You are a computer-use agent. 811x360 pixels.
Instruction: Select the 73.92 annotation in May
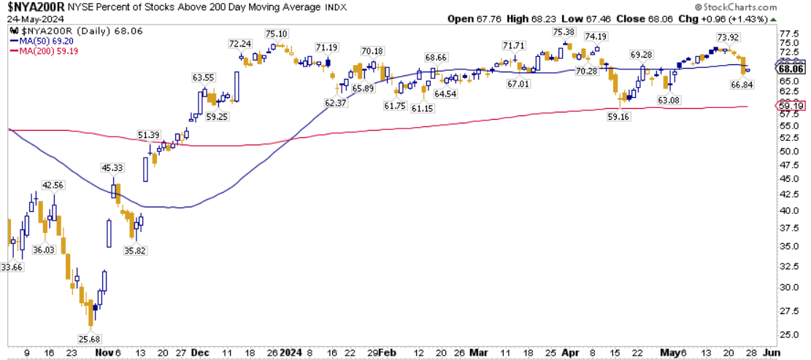point(726,37)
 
